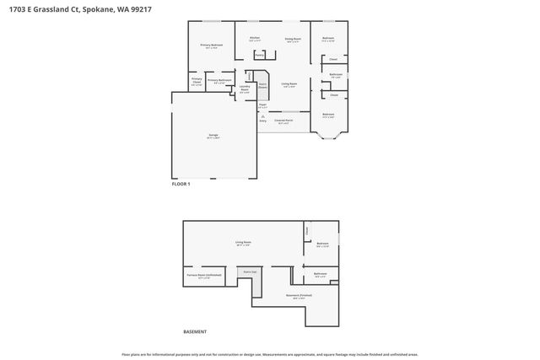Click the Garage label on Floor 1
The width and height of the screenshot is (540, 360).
click(213, 136)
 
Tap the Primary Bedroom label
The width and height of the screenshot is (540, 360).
click(209, 46)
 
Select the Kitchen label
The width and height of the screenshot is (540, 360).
click(254, 39)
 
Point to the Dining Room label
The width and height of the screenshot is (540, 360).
click(293, 39)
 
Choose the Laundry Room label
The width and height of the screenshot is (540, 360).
click(244, 88)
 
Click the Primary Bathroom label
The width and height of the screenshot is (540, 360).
click(219, 81)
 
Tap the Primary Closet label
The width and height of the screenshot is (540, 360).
click(196, 82)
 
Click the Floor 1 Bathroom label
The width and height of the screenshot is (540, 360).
click(335, 75)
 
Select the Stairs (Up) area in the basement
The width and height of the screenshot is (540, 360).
click(250, 272)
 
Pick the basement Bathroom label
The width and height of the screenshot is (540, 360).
click(321, 274)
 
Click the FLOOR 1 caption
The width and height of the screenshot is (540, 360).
click(181, 184)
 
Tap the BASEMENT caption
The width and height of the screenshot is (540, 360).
click(195, 331)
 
